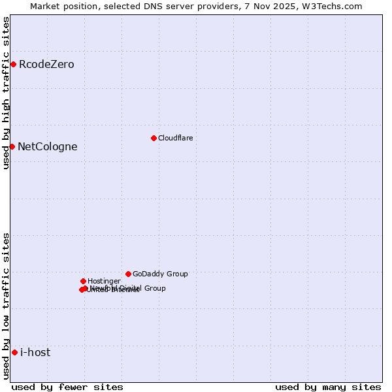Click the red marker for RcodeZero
click(x=13, y=64)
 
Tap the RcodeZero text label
click(x=46, y=64)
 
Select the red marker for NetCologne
click(x=12, y=146)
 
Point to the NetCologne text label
click(x=47, y=146)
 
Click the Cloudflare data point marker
click(x=154, y=138)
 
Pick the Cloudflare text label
click(x=175, y=138)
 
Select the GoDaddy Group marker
click(x=128, y=274)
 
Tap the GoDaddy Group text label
click(x=160, y=274)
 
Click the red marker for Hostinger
click(x=83, y=281)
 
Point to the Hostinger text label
click(x=104, y=281)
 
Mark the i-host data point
click(x=14, y=352)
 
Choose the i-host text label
click(x=35, y=352)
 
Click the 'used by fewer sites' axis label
click(x=67, y=387)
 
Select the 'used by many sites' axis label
click(x=328, y=387)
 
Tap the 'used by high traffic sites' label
click(x=6, y=93)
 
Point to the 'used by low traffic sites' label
click(x=6, y=305)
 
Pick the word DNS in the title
click(x=165, y=6)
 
